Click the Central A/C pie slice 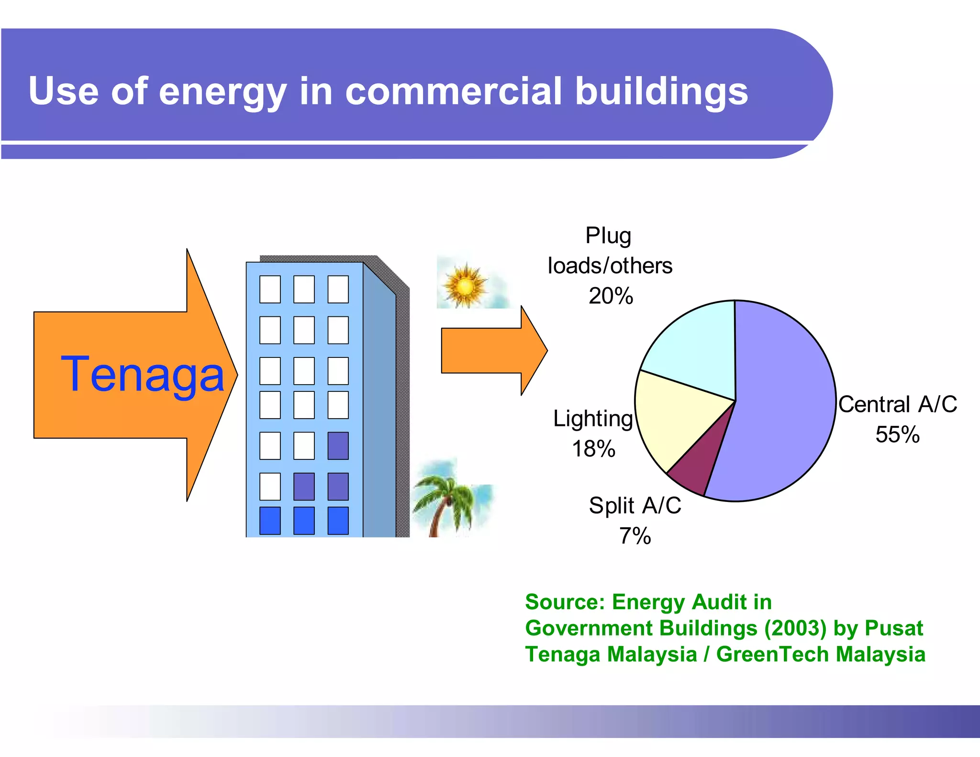tap(785, 407)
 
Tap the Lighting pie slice tap(675, 416)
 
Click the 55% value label tap(897, 434)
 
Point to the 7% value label tap(635, 536)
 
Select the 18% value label tap(593, 449)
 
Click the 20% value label tap(611, 296)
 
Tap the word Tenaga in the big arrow tap(142, 375)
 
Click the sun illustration tap(464, 286)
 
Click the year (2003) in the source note tap(795, 628)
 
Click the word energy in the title tap(223, 92)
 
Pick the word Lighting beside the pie tap(593, 419)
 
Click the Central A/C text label tap(897, 404)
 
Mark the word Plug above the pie tap(608, 236)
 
